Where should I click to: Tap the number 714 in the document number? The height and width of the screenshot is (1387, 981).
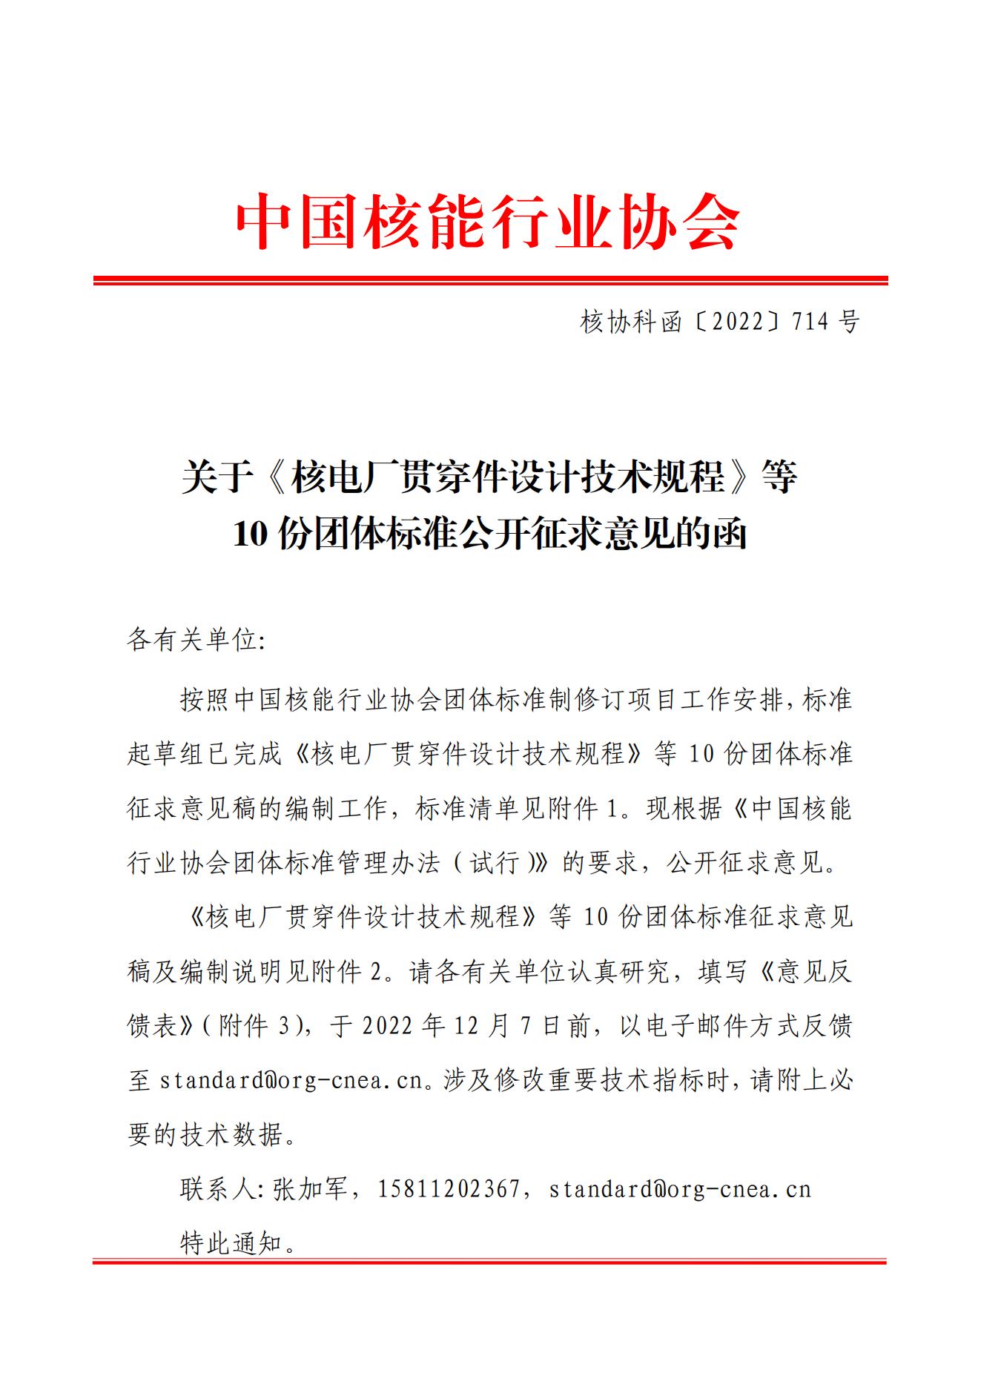811,322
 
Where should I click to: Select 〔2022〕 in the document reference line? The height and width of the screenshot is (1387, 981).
736,322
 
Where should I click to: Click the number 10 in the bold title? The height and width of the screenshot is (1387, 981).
250,534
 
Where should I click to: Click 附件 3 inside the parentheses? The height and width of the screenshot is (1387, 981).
253,1026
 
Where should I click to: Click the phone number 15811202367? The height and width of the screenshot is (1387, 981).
449,1189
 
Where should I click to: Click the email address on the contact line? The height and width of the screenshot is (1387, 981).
680,1189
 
